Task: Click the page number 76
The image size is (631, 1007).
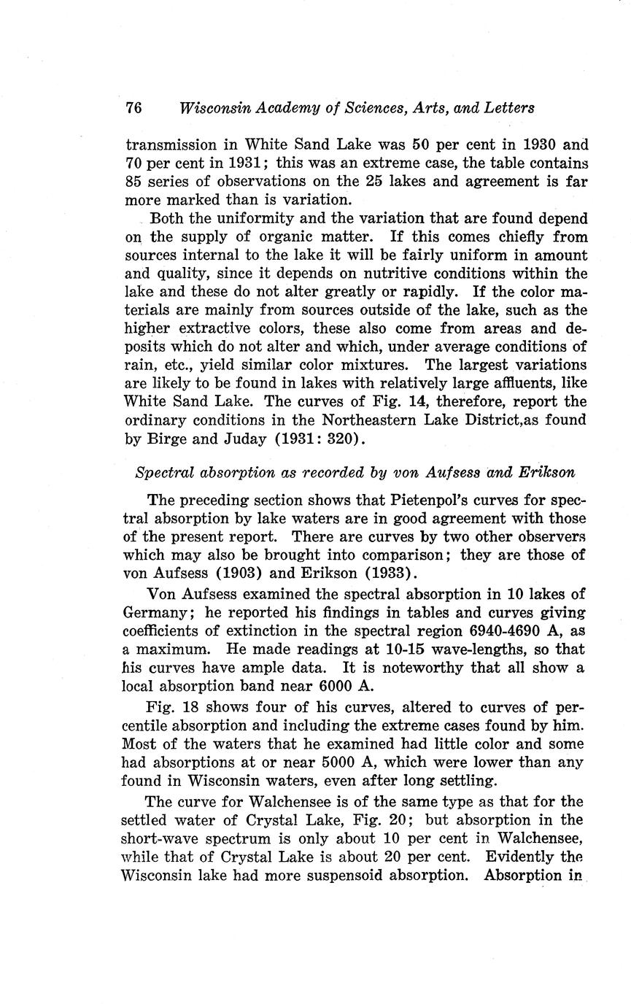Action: click(133, 108)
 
